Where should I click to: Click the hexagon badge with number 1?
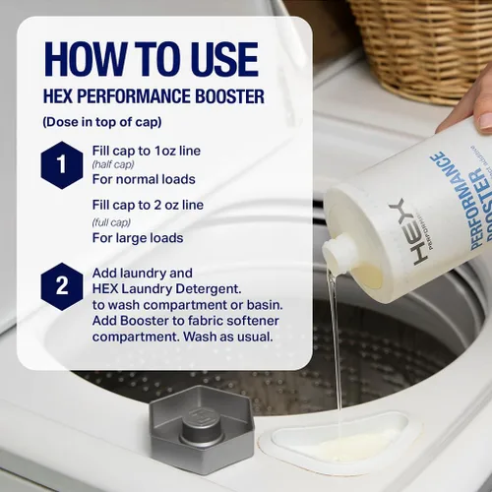62,165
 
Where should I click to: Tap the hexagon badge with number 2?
62,286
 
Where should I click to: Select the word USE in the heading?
222,59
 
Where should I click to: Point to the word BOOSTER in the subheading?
229,96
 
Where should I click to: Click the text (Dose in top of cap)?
102,122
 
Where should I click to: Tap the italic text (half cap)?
113,164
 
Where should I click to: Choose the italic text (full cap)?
111,222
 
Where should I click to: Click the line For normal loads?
144,179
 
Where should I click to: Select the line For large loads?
138,238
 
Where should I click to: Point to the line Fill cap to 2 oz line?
148,205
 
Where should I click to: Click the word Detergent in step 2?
209,289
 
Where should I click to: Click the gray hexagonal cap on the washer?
202,429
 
